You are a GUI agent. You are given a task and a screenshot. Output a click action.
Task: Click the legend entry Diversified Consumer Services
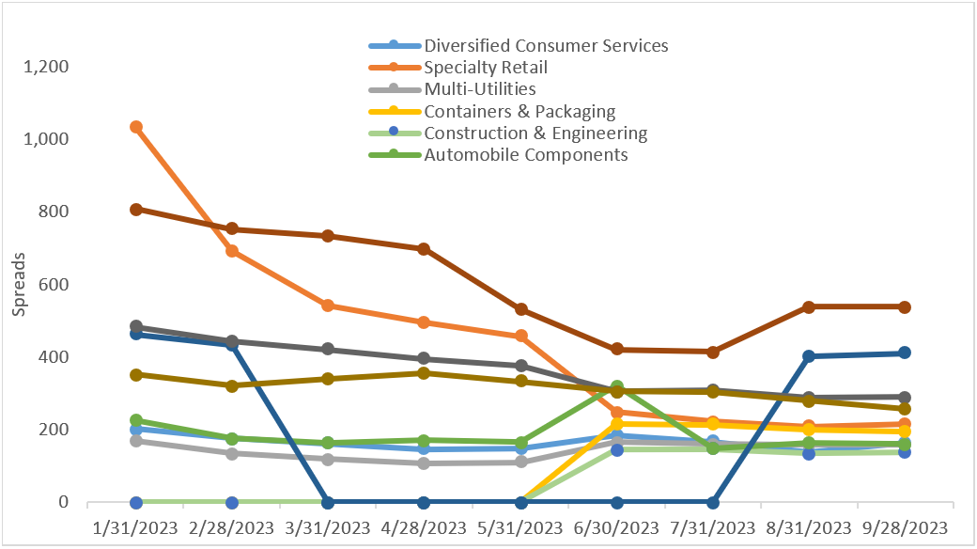546,45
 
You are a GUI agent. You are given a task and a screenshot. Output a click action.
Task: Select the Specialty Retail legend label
486,67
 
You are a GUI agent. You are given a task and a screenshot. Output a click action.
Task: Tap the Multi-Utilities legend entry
480,89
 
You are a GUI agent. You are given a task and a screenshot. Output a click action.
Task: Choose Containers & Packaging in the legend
520,111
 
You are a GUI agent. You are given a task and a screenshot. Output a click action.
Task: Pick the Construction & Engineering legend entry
535,133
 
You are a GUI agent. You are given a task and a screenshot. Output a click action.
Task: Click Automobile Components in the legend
525,154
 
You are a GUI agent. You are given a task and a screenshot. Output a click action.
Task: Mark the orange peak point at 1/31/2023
136,127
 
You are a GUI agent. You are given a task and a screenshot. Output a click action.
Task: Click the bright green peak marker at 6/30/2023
617,386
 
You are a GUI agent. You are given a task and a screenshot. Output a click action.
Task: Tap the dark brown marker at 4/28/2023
424,249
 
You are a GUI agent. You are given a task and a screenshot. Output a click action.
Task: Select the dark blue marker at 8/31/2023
808,356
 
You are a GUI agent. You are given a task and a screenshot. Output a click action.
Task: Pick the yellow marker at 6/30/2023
617,424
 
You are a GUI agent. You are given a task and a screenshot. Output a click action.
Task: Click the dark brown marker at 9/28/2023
905,306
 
